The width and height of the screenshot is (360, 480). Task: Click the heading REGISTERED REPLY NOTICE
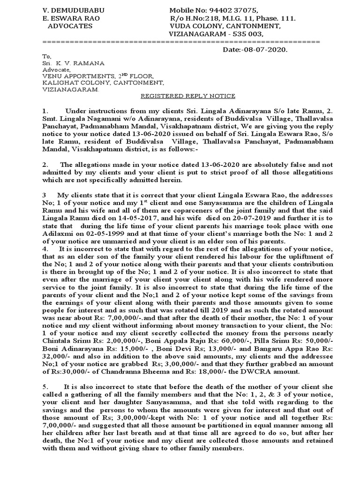tap(182, 96)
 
